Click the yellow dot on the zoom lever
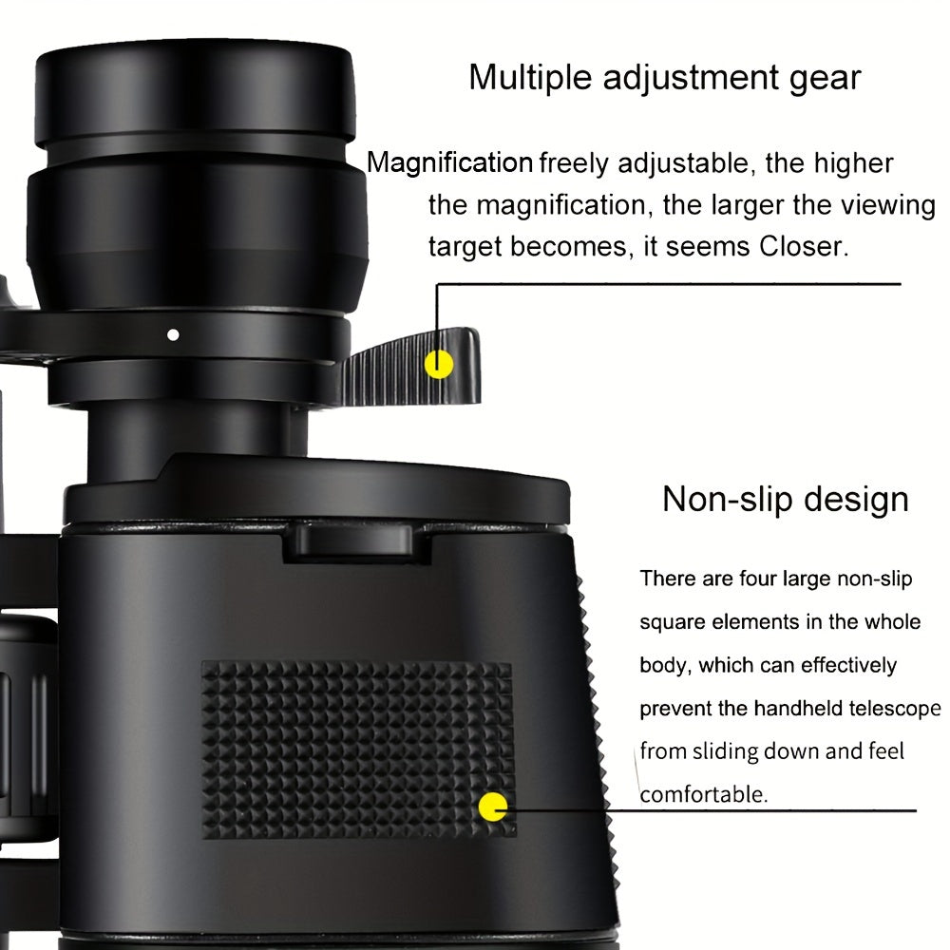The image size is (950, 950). coord(438,364)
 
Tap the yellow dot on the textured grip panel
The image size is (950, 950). coord(493,808)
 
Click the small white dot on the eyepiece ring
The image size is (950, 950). coord(172,334)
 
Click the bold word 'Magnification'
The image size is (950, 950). coord(449,163)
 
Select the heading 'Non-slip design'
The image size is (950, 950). coord(785,499)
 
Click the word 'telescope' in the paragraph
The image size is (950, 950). coord(895,709)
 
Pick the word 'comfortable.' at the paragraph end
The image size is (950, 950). coord(703,794)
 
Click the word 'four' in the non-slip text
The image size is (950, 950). coord(756,579)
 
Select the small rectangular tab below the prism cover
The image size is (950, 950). coord(352,540)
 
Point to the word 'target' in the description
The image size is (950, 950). coord(465,246)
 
